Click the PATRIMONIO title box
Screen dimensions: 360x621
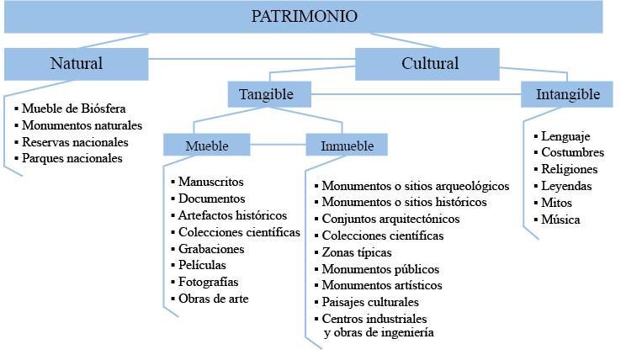coord(305,17)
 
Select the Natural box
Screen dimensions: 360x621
coord(76,64)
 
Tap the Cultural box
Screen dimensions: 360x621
coord(429,64)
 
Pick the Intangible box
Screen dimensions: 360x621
coord(568,94)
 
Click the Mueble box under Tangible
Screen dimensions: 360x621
coord(206,146)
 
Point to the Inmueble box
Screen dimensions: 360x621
coord(347,146)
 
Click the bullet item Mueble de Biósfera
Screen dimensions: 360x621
coord(74,109)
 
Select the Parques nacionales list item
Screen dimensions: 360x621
coord(72,157)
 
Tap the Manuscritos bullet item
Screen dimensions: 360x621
coord(210,182)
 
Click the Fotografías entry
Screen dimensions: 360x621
coord(208,282)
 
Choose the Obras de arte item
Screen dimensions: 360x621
coord(213,299)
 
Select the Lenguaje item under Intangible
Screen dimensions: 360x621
coord(565,136)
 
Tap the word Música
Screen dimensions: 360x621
coord(560,220)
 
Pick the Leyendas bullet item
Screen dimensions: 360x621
coord(566,187)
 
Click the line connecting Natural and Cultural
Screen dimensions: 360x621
coord(252,59)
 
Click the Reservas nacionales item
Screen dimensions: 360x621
coord(75,141)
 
